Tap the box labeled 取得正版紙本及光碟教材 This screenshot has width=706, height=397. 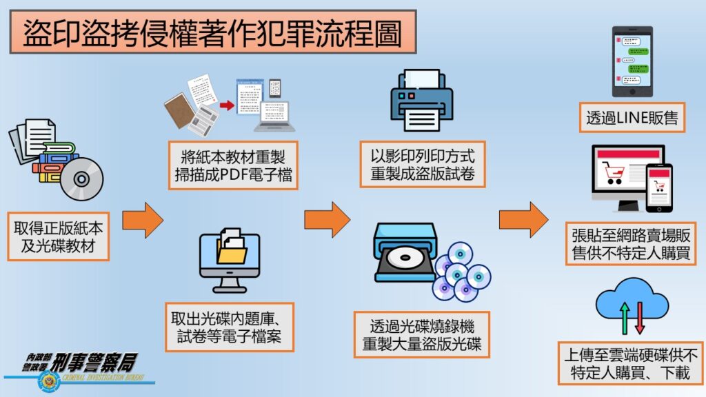pos(59,236)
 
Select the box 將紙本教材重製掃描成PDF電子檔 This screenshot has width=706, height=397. pos(234,166)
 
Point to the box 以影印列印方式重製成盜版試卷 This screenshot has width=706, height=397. pos(423,163)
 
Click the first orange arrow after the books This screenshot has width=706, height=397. pos(142,220)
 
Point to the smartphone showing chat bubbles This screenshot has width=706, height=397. pos(632,62)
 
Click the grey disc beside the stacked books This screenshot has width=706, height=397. pos(81,179)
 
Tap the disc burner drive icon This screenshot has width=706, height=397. pos(405,254)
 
